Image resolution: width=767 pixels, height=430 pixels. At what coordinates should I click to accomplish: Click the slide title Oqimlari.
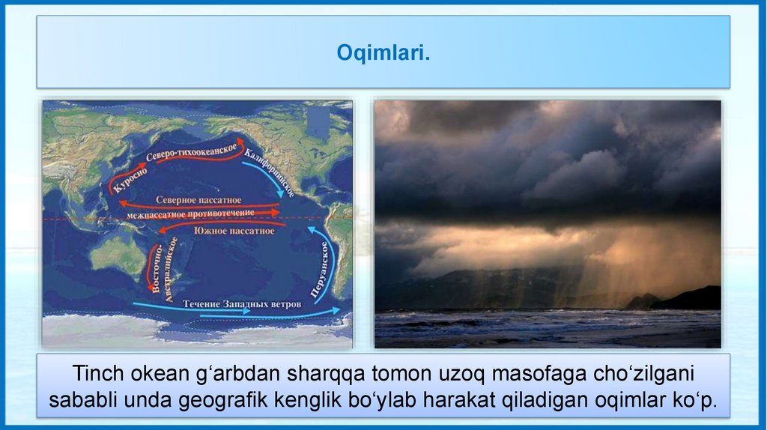point(383,53)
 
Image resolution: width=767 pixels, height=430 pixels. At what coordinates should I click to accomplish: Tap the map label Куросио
point(130,181)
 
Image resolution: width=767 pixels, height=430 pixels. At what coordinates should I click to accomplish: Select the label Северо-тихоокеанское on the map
point(191,153)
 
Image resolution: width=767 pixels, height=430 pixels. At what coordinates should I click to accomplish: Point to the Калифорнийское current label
point(269,174)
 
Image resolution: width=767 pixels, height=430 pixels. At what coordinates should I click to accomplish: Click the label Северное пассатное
point(198,200)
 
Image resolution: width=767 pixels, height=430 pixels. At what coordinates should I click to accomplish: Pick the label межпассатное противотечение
point(190,214)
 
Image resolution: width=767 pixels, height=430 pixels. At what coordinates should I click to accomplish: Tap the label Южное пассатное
point(234,231)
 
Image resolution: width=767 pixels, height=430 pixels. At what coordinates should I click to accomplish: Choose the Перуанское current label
point(318,270)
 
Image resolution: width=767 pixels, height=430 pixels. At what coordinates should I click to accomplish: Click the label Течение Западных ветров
point(242,304)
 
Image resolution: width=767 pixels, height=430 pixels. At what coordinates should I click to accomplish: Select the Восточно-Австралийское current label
point(164,268)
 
